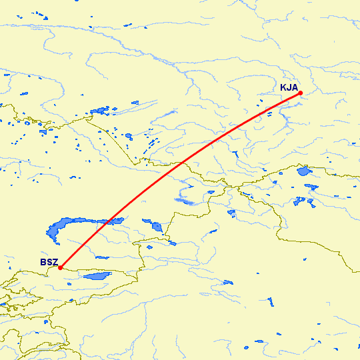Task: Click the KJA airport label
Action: pos(289,87)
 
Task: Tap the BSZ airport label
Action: pos(49,263)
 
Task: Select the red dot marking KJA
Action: pos(301,93)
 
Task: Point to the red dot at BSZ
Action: pos(60,268)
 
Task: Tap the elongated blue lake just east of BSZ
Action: pos(97,275)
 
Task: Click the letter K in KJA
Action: pos(283,87)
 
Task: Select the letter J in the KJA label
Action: pos(289,87)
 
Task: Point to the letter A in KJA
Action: pos(295,87)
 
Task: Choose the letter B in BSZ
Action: pos(43,263)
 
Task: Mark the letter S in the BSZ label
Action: pos(49,263)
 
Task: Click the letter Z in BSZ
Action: pos(55,263)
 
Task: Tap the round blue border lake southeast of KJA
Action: pos(304,171)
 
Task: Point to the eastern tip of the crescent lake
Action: pos(124,219)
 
